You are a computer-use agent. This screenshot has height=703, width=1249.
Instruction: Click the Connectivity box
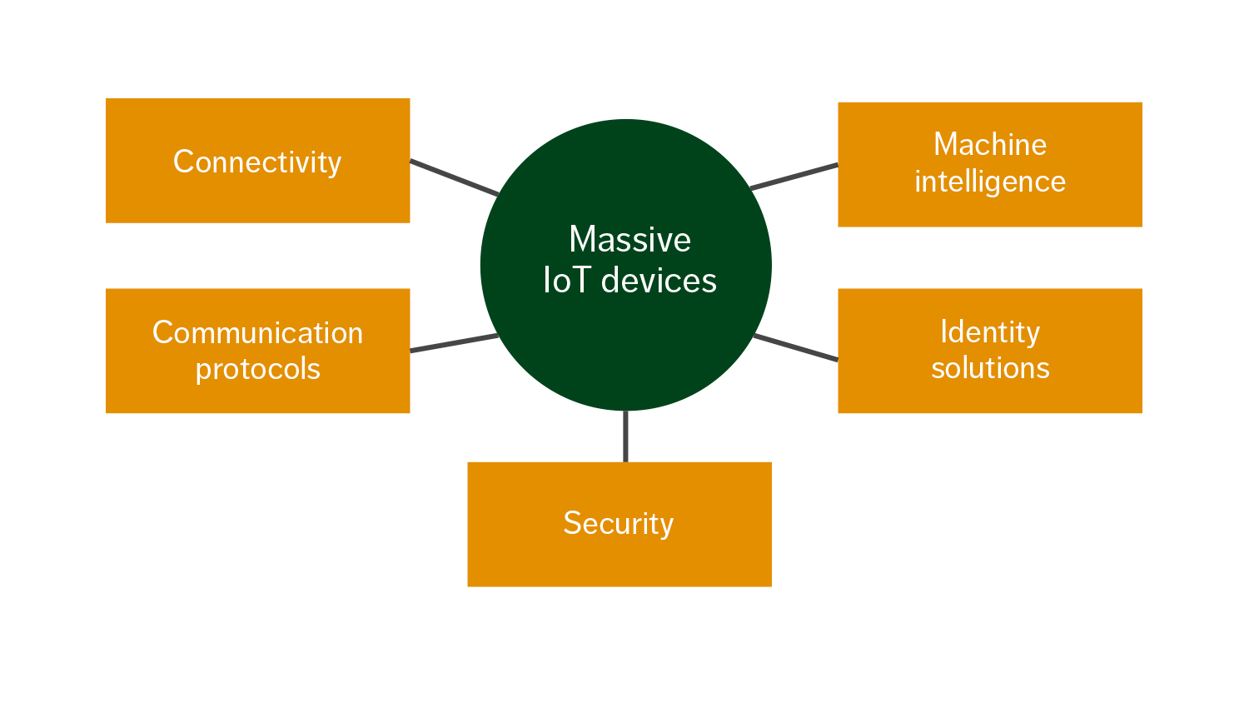[x=257, y=161]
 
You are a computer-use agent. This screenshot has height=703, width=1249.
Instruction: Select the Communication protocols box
[x=257, y=351]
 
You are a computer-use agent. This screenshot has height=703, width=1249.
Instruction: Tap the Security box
[x=619, y=525]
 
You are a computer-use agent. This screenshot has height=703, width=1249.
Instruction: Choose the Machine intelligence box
[x=989, y=164]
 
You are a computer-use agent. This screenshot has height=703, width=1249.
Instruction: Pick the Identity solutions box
[x=989, y=351]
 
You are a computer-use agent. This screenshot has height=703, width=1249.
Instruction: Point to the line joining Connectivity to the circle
[x=454, y=177]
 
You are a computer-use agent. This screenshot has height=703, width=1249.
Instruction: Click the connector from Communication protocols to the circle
[x=454, y=343]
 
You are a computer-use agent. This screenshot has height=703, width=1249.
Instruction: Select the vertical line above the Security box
[x=625, y=436]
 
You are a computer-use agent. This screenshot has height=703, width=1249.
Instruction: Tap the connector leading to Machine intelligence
[x=794, y=177]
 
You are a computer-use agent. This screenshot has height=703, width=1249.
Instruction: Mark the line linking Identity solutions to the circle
[x=796, y=347]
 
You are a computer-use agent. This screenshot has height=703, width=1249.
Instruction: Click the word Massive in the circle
[x=629, y=240]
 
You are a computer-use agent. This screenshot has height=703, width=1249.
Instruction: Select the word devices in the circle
[x=659, y=281]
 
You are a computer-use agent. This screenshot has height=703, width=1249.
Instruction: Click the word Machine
[x=989, y=144]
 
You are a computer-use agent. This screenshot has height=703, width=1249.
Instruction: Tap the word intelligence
[x=989, y=182]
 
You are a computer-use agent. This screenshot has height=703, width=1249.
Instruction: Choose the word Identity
[x=989, y=332]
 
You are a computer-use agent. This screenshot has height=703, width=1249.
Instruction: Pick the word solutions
[x=989, y=368]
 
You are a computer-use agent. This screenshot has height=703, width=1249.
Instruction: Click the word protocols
[x=257, y=369]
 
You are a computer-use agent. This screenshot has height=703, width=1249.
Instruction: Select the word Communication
[x=257, y=332]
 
